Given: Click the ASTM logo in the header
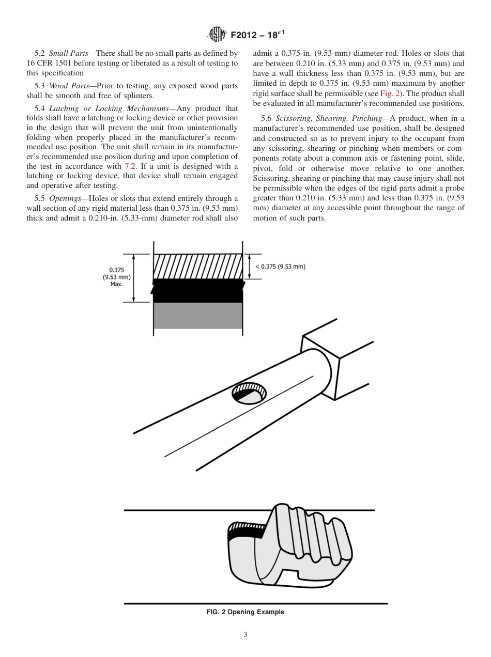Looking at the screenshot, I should pos(217,35).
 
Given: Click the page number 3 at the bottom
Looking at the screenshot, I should pos(245,635).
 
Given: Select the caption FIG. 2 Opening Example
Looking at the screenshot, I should pos(245,612).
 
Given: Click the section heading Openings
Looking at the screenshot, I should pos(66,198).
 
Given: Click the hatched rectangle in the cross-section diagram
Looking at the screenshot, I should pos(198,267).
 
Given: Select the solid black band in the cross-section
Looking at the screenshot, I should pos(198,291).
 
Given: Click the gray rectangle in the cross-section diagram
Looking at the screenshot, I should pos(198,316).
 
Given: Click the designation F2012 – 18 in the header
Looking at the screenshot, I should pos(258,35).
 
